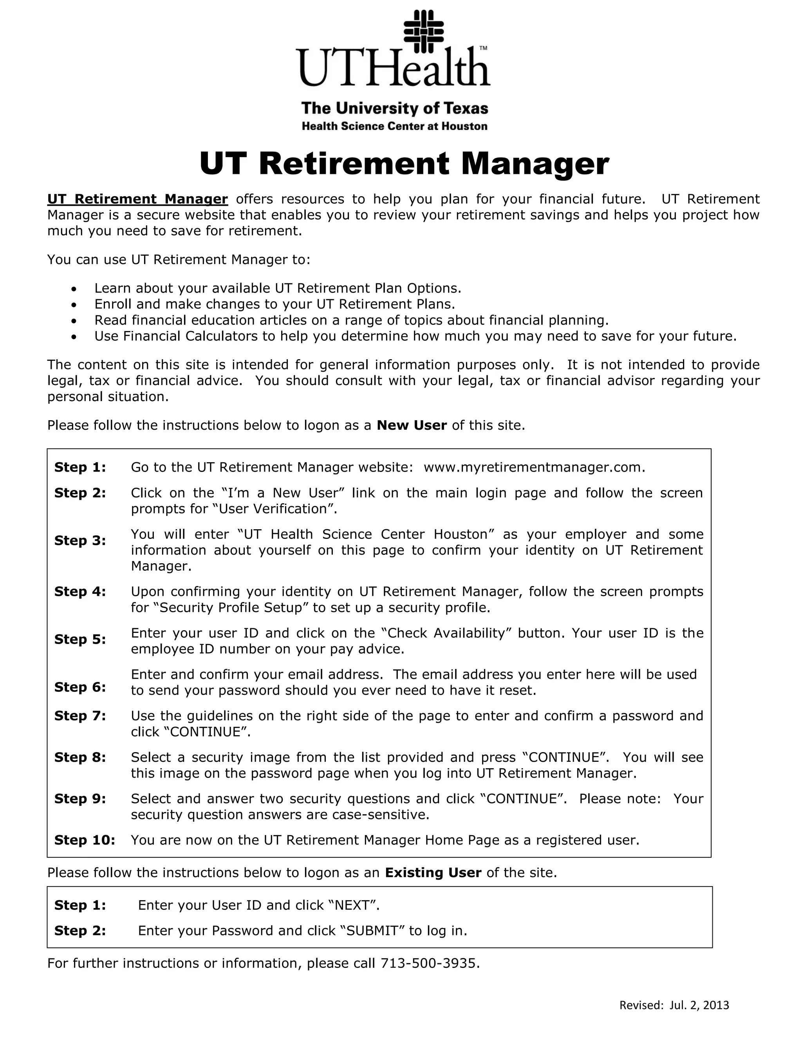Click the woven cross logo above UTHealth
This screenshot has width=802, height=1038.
(x=423, y=31)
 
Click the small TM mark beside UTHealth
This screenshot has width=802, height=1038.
(x=483, y=49)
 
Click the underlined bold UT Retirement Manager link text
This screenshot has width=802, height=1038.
(x=137, y=199)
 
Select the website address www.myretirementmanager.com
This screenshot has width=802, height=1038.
(x=534, y=468)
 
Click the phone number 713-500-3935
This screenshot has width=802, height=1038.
(x=430, y=964)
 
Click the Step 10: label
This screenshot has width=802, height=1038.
(x=85, y=840)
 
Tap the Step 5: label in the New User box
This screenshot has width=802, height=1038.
(x=80, y=639)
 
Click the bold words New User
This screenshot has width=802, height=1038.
(x=412, y=425)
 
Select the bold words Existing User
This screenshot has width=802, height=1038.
(x=433, y=873)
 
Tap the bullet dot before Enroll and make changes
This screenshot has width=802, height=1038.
(x=74, y=305)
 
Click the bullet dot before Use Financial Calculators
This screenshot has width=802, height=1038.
(x=74, y=337)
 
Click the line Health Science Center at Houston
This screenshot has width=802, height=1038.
(x=394, y=127)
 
